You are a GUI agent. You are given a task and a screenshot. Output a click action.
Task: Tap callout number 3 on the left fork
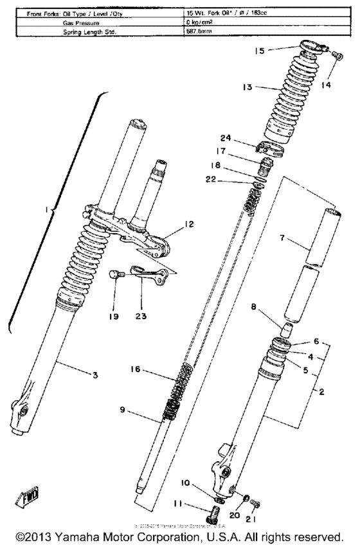94,374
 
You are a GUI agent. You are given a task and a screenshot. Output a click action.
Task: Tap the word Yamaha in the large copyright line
76,536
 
